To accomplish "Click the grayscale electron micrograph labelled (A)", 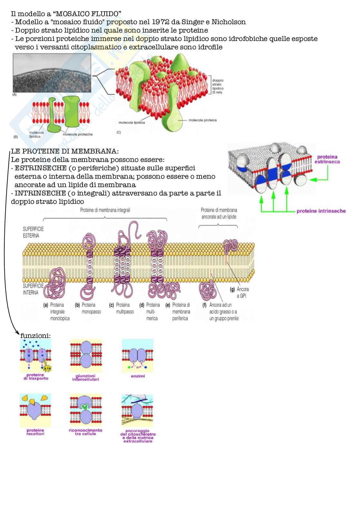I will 52,73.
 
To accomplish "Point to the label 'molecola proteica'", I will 202,120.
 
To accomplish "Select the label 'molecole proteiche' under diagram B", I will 78,134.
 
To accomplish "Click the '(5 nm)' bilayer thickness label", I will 217,93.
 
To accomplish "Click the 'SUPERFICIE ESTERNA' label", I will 33,232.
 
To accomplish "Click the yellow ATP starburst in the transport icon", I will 47,368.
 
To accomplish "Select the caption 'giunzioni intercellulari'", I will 85,377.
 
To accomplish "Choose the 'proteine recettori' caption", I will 35,432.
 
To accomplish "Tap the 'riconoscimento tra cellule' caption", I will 85,432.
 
